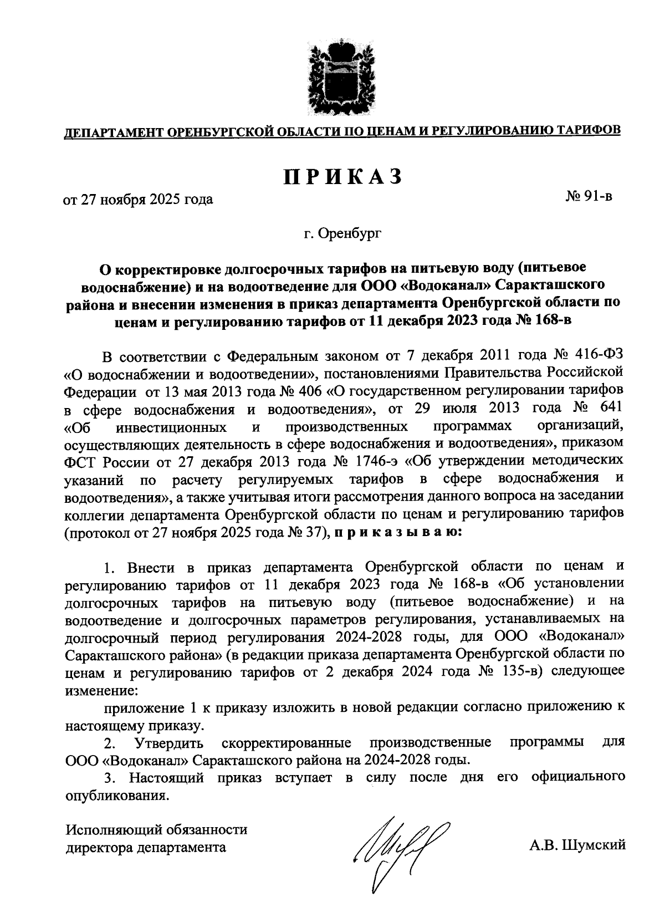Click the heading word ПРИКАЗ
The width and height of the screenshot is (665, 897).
coord(342,176)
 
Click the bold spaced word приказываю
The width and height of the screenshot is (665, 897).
coord(396,533)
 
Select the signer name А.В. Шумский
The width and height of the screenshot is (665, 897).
coord(577,845)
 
